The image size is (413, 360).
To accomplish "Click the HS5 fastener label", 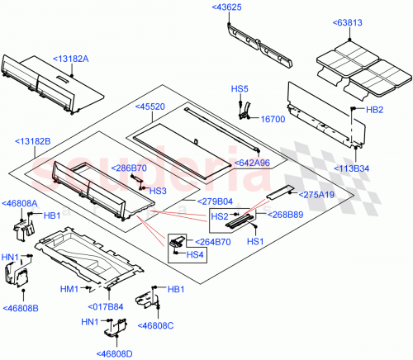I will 239,88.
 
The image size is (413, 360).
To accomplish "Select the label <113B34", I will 350,168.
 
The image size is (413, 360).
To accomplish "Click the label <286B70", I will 131,168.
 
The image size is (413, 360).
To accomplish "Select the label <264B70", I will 213,242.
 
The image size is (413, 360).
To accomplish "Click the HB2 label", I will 374,109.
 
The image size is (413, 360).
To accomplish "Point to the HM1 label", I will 69,289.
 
